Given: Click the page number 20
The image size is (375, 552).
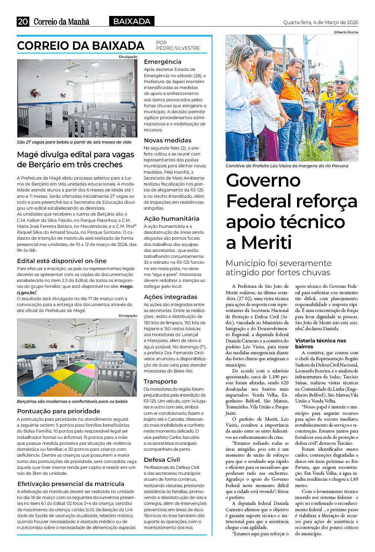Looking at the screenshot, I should point(23,22).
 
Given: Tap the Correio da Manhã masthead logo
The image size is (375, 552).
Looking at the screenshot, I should point(62,22).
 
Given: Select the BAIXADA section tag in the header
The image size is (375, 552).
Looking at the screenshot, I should point(132,22).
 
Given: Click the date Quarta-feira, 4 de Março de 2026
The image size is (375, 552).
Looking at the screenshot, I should point(320,22).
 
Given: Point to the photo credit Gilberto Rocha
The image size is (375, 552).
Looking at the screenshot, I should point(346,32).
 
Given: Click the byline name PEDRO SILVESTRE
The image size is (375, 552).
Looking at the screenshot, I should point(178,48).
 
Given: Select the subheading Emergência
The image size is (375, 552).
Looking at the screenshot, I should point(163,62).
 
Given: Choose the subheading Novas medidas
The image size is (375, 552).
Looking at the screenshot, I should point(167,140).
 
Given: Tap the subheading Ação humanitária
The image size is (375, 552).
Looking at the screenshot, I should point(172,218).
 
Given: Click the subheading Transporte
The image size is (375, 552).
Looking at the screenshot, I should point(160,381).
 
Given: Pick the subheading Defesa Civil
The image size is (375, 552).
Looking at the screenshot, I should point(162,460).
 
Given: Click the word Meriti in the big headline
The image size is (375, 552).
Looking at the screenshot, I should point(266,243).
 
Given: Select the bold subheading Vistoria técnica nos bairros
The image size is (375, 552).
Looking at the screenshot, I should point(320,343).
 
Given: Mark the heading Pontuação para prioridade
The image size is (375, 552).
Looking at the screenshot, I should point(59,411).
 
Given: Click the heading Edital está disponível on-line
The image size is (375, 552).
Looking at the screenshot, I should point(62,261).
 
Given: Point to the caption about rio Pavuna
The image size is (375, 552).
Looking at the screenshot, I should point(287,166).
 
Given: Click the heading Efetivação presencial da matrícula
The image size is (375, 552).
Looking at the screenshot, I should point(71,484).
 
